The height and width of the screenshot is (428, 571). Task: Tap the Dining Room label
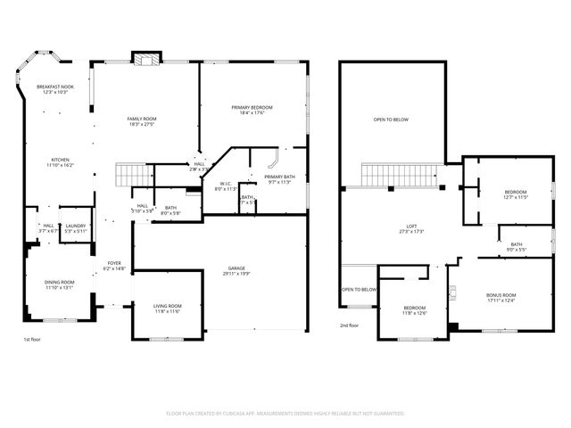(59, 284)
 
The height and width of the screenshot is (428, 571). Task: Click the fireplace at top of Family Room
(145, 59)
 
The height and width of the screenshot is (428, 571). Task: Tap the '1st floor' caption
(33, 340)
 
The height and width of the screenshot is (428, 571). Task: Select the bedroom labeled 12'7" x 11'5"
(516, 194)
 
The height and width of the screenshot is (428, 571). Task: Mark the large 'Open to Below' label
(391, 119)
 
